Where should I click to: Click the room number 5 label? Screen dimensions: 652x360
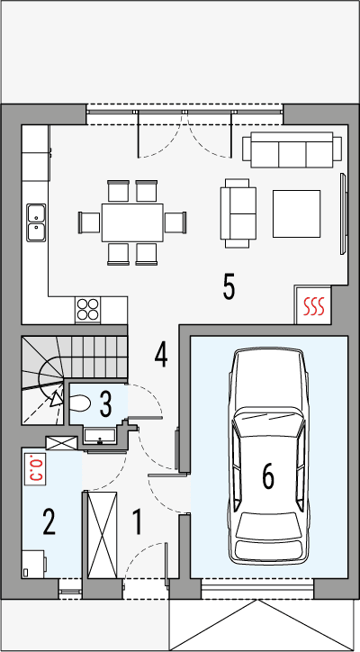pyautogui.click(x=229, y=287)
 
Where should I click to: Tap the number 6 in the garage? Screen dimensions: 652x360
pyautogui.click(x=267, y=475)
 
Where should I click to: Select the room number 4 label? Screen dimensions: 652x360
pyautogui.click(x=160, y=354)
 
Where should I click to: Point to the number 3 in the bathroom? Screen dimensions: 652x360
pyautogui.click(x=105, y=403)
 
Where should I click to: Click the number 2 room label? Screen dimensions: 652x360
pyautogui.click(x=49, y=522)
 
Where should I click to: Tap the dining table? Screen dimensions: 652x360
pyautogui.click(x=131, y=221)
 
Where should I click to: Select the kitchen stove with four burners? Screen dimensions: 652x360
pyautogui.click(x=88, y=309)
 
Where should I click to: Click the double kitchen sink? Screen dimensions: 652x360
pyautogui.click(x=37, y=221)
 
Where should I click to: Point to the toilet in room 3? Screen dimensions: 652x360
pyautogui.click(x=78, y=405)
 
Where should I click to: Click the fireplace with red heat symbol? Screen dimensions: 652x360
pyautogui.click(x=312, y=306)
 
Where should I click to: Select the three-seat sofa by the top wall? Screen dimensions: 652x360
pyautogui.click(x=292, y=150)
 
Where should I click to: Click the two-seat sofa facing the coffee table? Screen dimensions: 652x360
pyautogui.click(x=238, y=213)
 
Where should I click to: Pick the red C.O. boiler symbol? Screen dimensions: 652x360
pyautogui.click(x=37, y=468)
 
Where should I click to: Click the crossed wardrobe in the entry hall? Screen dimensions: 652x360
pyautogui.click(x=101, y=533)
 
